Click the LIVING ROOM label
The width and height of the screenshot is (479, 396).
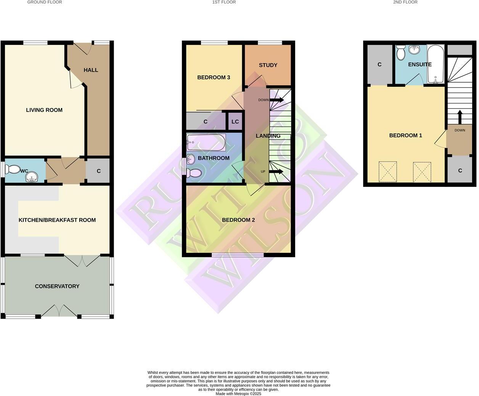pyautogui.click(x=44, y=110)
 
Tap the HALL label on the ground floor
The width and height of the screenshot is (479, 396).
pyautogui.click(x=91, y=70)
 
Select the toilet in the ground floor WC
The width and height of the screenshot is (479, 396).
pyautogui.click(x=13, y=169)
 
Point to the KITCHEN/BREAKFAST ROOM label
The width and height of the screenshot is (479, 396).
pyautogui.click(x=57, y=220)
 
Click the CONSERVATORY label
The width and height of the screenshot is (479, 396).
pyautogui.click(x=57, y=286)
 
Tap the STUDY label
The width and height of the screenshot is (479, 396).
pyautogui.click(x=268, y=65)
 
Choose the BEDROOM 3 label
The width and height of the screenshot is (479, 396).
pyautogui.click(x=214, y=78)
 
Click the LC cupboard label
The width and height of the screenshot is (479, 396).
pyautogui.click(x=235, y=122)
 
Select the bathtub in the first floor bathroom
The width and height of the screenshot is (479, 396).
pyautogui.click(x=206, y=142)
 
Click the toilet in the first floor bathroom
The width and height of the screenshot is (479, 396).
pyautogui.click(x=194, y=173)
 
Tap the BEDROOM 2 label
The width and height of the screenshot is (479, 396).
pyautogui.click(x=238, y=220)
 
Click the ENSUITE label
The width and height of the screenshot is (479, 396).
pyautogui.click(x=420, y=65)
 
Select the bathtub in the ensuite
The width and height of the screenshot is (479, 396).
pyautogui.click(x=436, y=64)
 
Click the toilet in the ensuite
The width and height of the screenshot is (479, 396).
pyautogui.click(x=400, y=53)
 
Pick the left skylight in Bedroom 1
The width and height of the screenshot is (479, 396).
pyautogui.click(x=387, y=172)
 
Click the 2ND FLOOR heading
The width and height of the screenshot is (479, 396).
pyautogui.click(x=405, y=2)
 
